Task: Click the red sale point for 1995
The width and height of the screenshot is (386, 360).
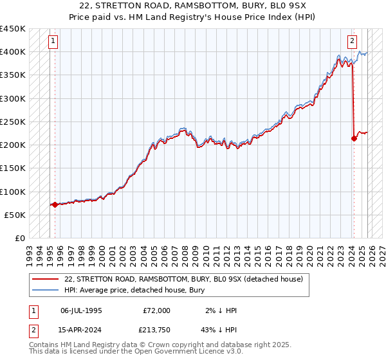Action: click(55, 204)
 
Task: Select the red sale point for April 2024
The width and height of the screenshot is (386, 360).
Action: click(354, 138)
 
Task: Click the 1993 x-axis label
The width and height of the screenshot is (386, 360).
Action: click(29, 251)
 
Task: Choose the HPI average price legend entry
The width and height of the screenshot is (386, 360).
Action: click(134, 291)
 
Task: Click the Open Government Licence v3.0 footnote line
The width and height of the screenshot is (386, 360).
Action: click(136, 352)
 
